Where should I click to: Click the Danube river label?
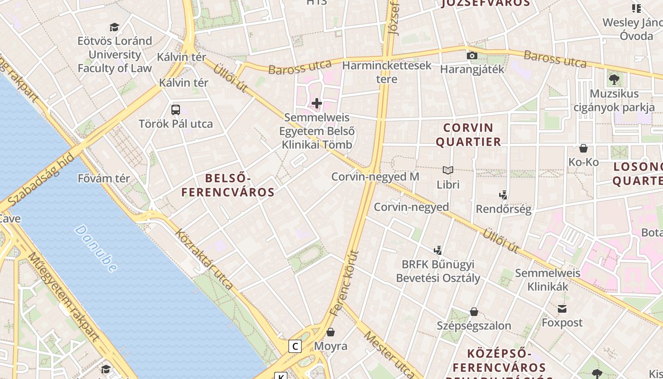96,249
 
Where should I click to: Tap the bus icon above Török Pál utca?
176,110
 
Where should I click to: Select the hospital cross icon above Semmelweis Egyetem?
317,103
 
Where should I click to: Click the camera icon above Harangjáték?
472,55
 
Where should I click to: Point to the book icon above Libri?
448,170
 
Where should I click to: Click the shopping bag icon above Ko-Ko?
583,148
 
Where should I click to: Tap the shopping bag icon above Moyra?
331,332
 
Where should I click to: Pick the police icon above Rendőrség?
503,195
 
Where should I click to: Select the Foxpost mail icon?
562,309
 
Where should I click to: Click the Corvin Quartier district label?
468,135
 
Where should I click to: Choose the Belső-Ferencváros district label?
228,185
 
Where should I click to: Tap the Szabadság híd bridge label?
41,179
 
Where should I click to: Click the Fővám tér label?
104,179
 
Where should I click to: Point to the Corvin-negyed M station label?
375,177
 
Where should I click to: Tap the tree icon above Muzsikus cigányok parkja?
614,79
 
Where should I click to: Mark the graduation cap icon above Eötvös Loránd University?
114,27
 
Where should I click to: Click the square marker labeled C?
296,346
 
